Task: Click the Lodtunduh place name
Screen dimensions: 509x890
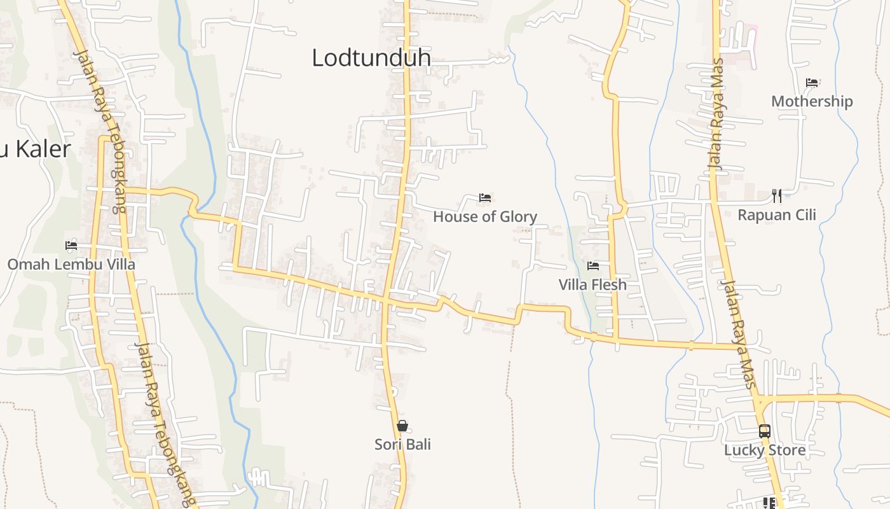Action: [x=371, y=58]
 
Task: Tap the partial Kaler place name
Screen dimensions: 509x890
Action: [x=36, y=149]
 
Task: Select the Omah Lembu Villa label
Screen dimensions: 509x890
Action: [x=71, y=264]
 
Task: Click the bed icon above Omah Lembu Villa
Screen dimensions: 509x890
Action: [x=71, y=246]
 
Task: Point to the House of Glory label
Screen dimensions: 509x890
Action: [x=485, y=217]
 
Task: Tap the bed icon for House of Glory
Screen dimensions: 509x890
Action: [x=485, y=198]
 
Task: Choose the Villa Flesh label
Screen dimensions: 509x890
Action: [x=592, y=284]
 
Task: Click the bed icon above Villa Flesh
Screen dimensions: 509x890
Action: [x=593, y=265]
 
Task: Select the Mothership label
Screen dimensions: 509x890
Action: [x=812, y=101]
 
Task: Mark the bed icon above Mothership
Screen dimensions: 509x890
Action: [x=812, y=83]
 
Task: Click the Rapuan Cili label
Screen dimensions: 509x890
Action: [x=776, y=215]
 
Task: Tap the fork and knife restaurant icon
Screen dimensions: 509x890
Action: [x=776, y=195]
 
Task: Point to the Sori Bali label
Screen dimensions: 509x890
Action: [x=402, y=444]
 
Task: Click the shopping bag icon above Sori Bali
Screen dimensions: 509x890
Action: [x=402, y=426]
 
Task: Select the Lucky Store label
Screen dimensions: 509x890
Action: [x=765, y=450]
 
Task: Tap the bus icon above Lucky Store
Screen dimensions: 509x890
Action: [x=765, y=431]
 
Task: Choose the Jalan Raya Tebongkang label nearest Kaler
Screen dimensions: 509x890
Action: [x=102, y=130]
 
